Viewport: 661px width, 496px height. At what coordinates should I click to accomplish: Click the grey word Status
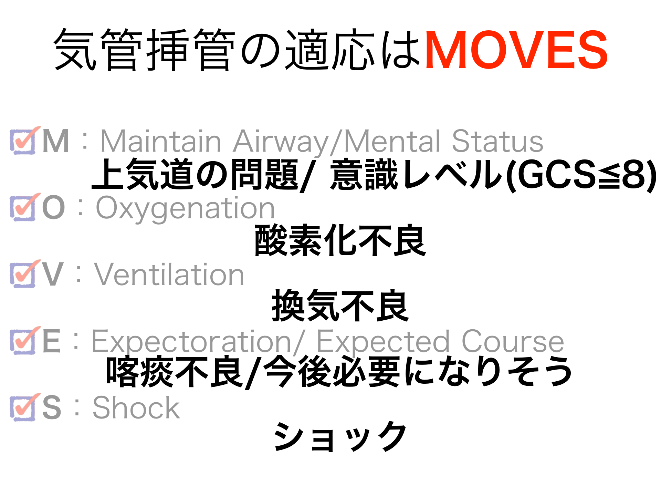(497, 141)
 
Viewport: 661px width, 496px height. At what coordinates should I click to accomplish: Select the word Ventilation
(169, 275)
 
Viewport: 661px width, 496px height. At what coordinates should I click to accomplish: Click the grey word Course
(513, 341)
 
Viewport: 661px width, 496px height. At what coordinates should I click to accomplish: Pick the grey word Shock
(136, 408)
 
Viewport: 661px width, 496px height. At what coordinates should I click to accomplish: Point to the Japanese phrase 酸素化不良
(340, 240)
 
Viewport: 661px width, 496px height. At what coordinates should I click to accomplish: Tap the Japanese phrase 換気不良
(340, 306)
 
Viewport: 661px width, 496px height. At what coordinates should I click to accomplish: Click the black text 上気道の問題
(195, 175)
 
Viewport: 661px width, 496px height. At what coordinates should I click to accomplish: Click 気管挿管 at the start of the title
(145, 50)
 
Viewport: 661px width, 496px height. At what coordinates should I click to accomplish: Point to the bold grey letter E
(51, 341)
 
